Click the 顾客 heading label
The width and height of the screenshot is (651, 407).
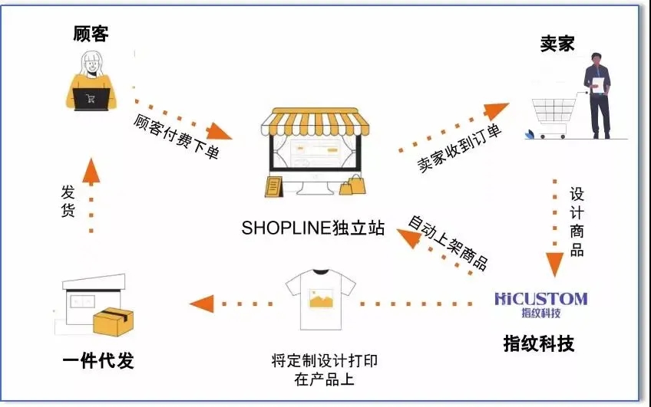91,34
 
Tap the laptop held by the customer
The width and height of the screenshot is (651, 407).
91,99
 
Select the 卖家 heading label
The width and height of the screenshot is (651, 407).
557,44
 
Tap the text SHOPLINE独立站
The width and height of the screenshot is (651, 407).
312,228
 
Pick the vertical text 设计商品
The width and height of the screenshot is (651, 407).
577,222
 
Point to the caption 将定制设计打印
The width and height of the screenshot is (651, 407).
324,360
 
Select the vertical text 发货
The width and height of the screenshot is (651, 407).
67,202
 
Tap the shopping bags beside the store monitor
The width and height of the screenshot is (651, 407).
355,185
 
